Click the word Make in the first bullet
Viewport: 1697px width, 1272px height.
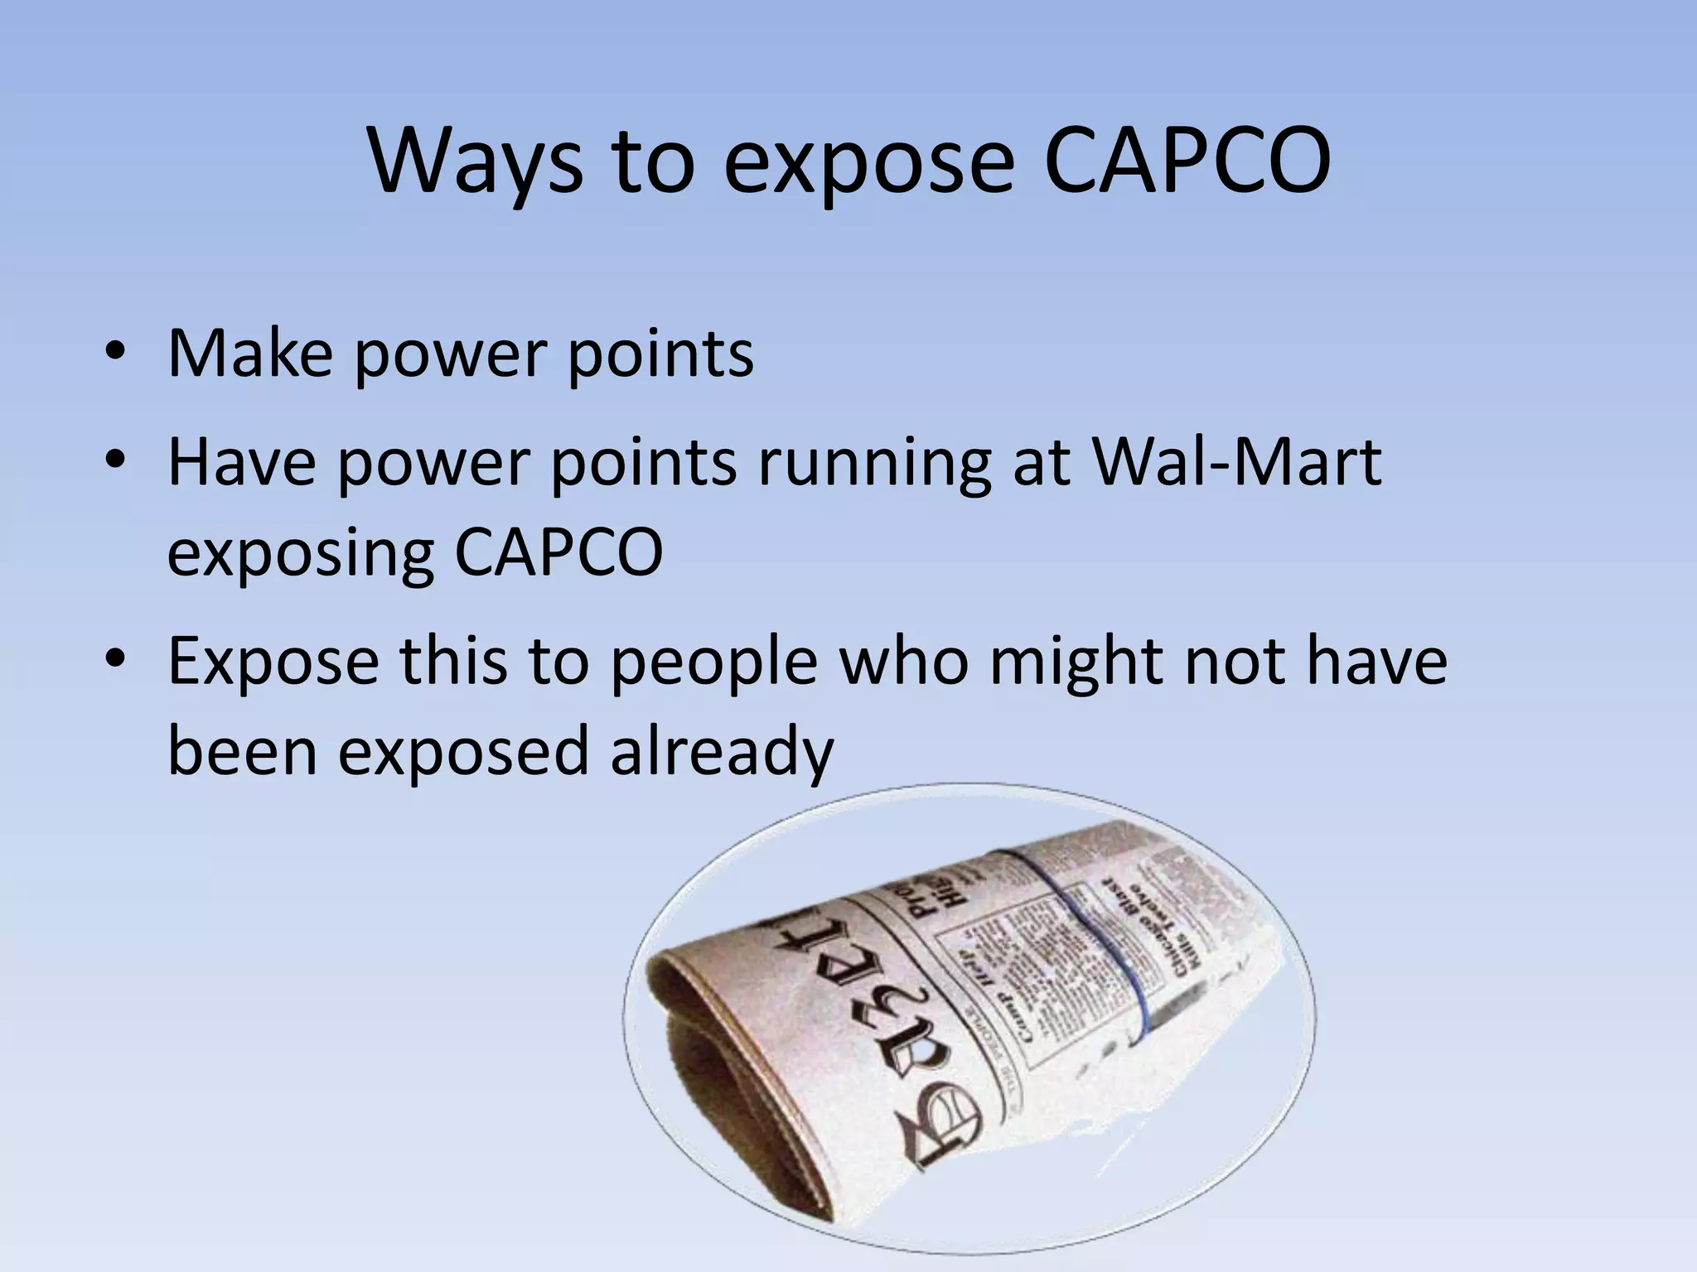coord(250,354)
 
